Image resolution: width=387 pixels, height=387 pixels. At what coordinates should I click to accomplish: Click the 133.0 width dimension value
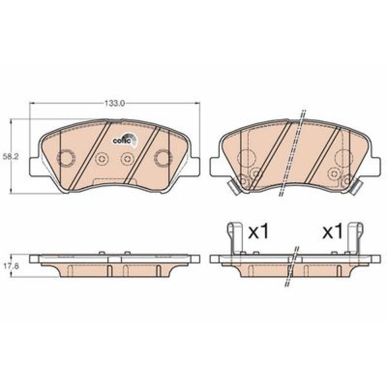point(114,103)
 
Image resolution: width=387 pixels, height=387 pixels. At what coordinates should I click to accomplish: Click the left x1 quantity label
point(259,232)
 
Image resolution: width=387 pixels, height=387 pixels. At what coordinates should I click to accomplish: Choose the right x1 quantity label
point(332,232)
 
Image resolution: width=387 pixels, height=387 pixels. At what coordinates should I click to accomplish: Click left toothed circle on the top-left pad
point(66,158)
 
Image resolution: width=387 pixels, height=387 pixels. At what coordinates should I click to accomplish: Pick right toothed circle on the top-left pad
point(163,158)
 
